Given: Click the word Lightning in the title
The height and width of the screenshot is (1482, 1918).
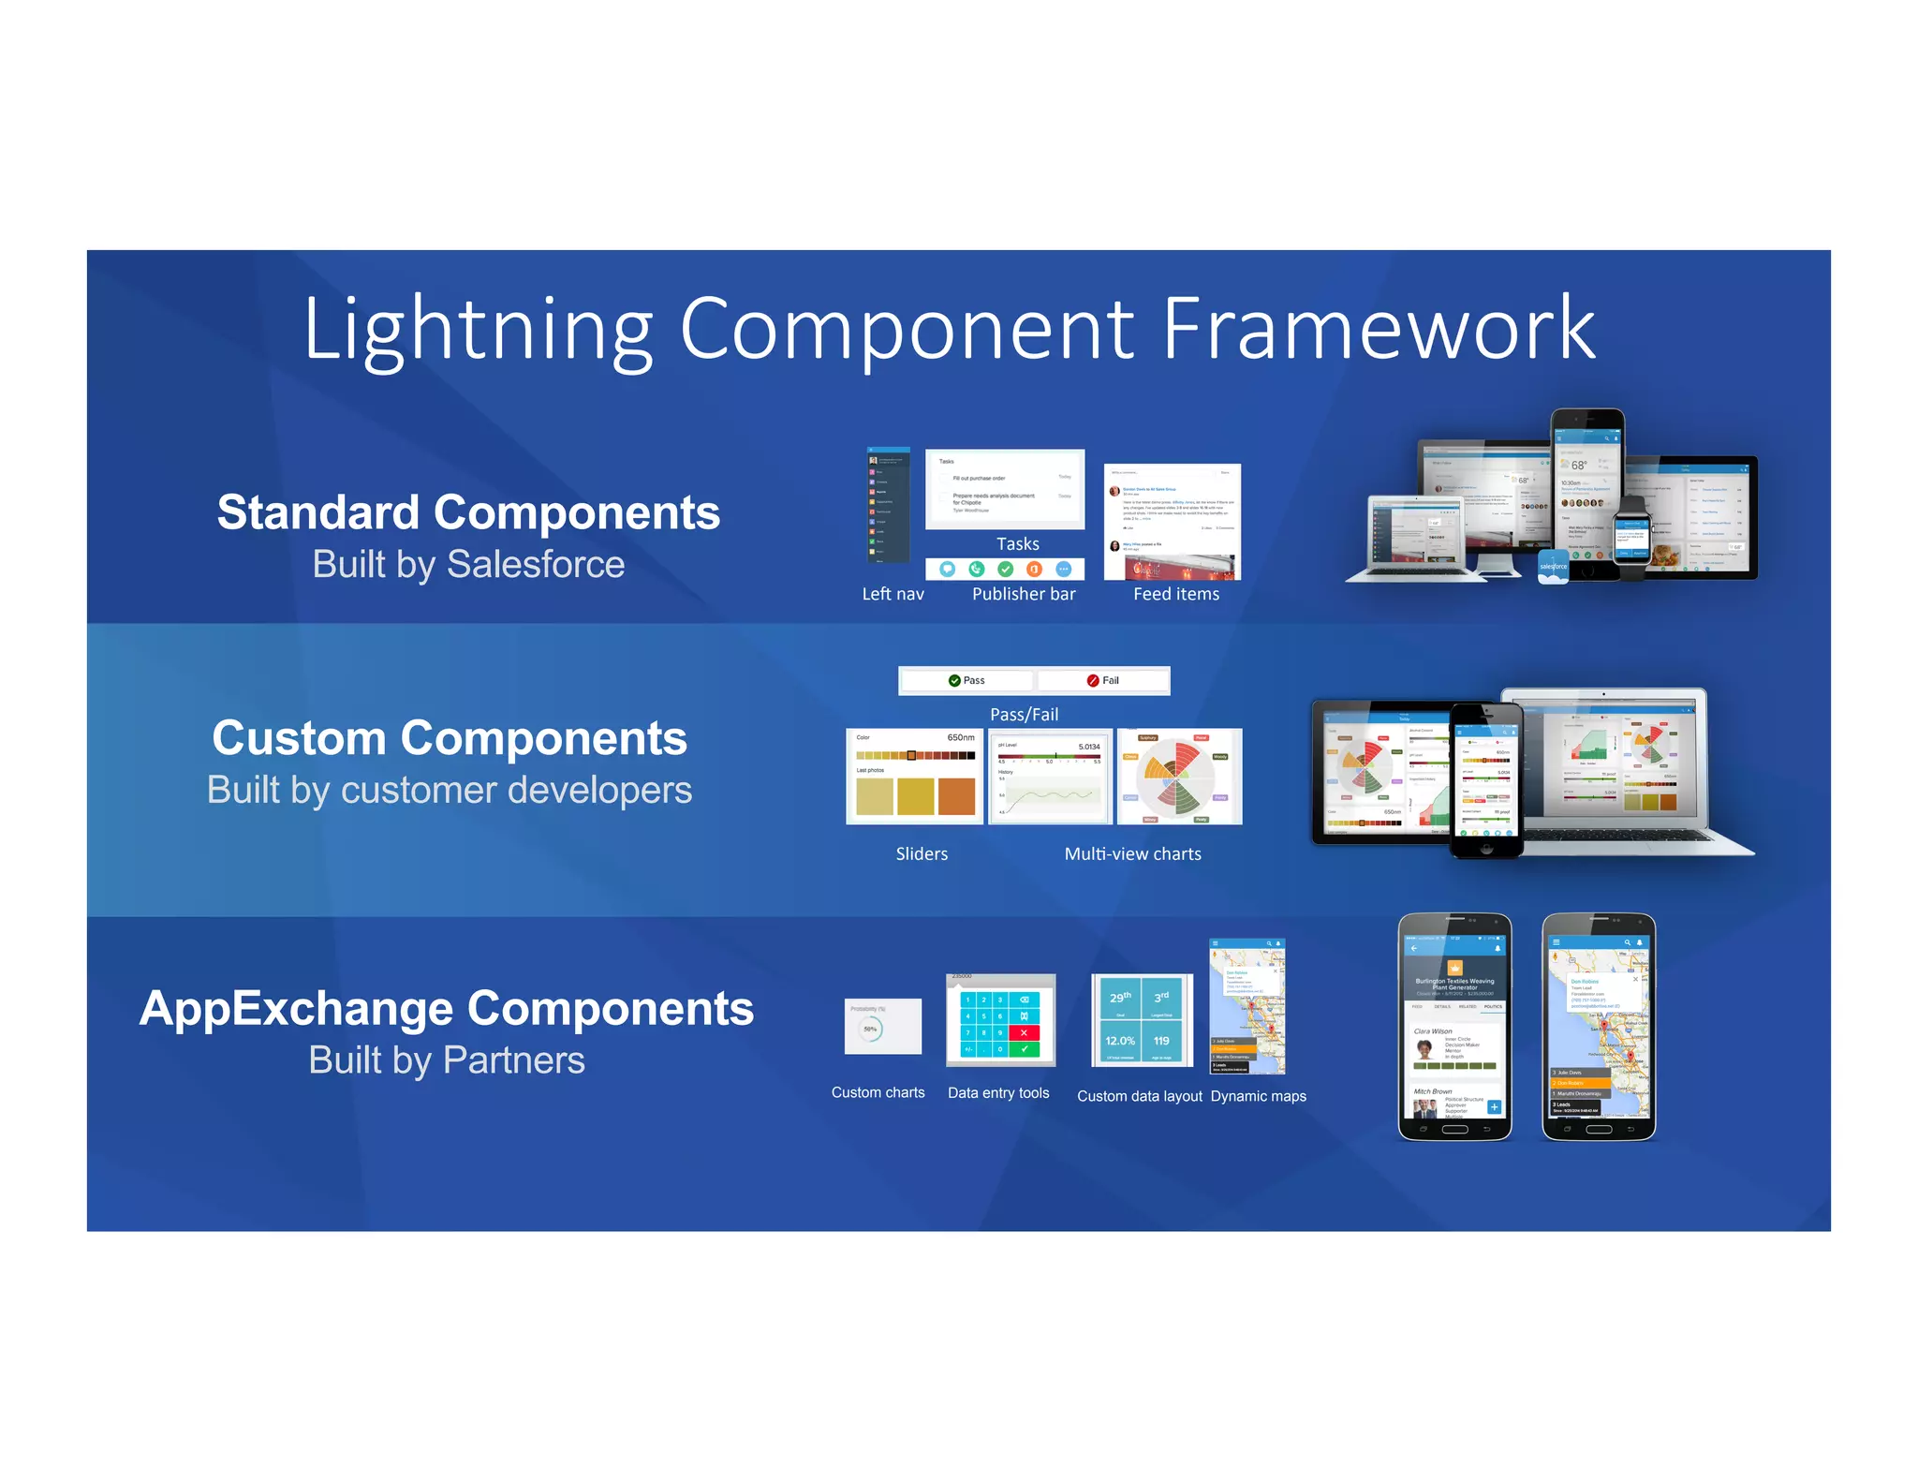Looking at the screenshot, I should (478, 330).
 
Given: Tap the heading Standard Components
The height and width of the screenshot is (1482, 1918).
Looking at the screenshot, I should (468, 512).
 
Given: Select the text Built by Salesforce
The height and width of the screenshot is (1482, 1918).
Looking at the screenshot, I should (468, 564).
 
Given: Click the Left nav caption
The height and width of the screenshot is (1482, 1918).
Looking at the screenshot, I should (893, 594).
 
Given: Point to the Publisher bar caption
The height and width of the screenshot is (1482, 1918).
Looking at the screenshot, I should (1024, 594).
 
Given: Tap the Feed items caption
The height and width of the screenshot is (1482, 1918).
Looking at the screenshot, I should (1176, 594).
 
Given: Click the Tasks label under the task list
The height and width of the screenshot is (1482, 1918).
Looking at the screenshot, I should (1017, 544).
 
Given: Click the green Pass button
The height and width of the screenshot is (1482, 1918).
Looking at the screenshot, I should (966, 680).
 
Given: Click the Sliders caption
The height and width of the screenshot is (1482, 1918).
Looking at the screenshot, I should (922, 853).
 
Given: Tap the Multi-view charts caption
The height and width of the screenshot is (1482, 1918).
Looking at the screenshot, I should (1132, 853).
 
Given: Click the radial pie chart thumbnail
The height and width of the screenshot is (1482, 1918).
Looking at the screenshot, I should (1179, 777).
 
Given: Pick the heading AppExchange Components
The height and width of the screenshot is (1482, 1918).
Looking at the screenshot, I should (447, 1009).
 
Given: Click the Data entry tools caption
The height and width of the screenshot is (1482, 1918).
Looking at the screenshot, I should (998, 1093).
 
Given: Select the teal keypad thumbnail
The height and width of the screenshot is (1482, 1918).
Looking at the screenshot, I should (1000, 1023).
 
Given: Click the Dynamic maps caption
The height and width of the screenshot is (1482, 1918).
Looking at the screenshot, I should (1258, 1096).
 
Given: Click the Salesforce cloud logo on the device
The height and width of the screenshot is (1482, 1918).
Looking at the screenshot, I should (1553, 567).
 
